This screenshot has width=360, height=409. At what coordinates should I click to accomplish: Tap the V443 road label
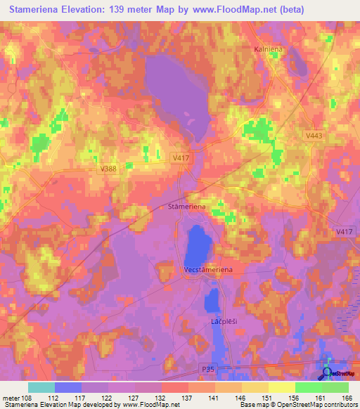pyautogui.click(x=314, y=136)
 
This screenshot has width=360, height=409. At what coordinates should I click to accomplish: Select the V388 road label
pyautogui.click(x=108, y=169)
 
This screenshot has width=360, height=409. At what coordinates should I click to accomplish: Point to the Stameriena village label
pyautogui.click(x=187, y=207)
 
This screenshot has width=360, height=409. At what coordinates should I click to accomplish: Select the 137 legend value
pyautogui.click(x=186, y=397)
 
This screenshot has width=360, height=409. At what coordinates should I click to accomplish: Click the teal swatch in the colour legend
pyautogui.click(x=41, y=387)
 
